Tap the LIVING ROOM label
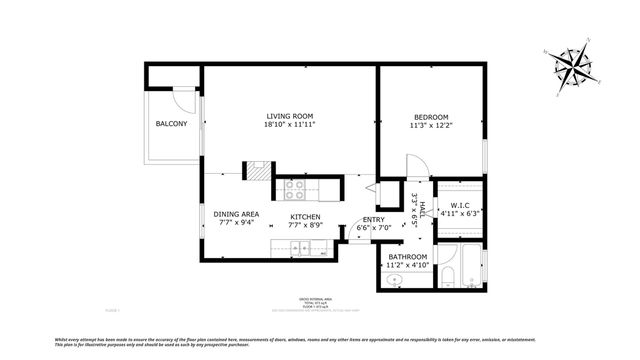290,115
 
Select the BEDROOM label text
431,116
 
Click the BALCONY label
174,124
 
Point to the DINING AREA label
237,214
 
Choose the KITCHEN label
305,217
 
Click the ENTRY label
374,219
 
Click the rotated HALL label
423,212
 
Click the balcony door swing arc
185,100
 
